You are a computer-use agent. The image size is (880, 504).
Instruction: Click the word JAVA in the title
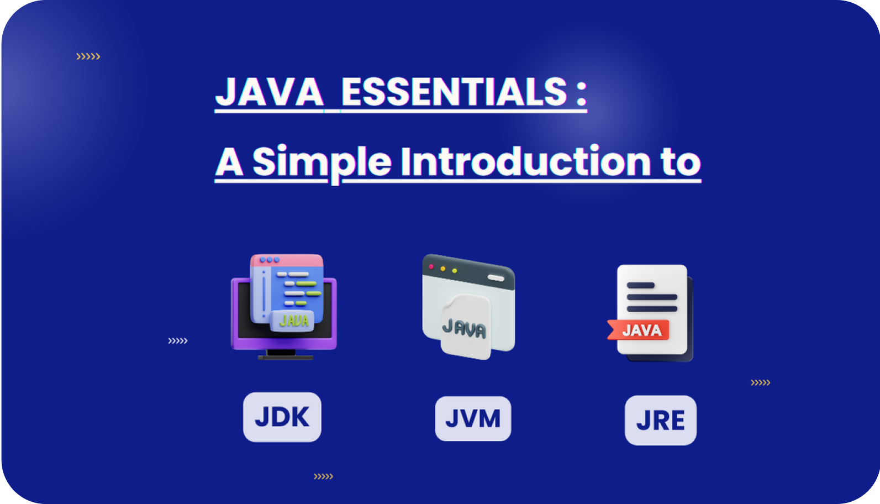coord(269,92)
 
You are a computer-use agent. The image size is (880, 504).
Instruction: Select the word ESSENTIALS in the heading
coord(454,92)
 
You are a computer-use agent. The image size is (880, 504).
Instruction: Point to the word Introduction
coord(525,161)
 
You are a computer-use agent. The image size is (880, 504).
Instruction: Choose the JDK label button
coord(282,417)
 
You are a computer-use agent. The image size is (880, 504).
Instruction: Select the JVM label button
coord(473,418)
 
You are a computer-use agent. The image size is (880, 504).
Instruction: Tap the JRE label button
coord(660,421)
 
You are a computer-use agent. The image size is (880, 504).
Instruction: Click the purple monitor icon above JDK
coord(283,307)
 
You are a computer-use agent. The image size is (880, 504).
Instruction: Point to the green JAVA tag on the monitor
coord(293,321)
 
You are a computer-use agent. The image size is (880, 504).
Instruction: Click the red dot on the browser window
coord(431,267)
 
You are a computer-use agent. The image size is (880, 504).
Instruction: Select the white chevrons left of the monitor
coord(178,341)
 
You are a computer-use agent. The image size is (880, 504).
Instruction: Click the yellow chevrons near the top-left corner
coord(88,56)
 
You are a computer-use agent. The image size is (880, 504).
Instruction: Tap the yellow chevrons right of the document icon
coord(760,382)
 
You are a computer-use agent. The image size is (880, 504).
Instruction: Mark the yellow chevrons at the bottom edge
coord(323,476)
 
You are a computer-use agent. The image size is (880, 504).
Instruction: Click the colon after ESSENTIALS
coord(581,93)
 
